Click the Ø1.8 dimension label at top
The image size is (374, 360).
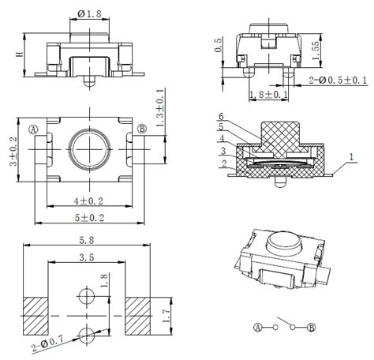point(89,13)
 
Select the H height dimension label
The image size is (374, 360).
point(20,54)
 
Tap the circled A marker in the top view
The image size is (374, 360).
point(33,129)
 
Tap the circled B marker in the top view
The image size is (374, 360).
point(142,129)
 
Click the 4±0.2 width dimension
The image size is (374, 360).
point(88,201)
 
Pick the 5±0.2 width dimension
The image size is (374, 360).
point(89,218)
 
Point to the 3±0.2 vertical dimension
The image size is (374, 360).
point(13,152)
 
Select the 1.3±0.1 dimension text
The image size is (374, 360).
point(161,107)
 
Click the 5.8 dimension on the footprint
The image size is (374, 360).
point(87,240)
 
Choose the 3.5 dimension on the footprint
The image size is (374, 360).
point(87,257)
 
